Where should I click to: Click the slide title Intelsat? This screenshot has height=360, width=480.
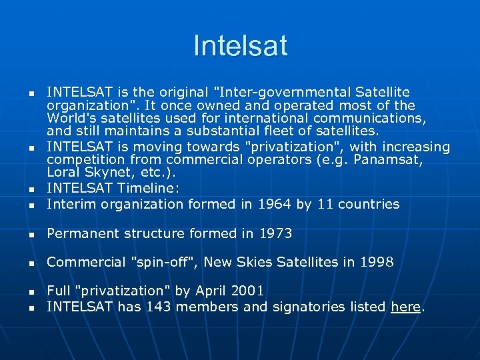tap(240, 46)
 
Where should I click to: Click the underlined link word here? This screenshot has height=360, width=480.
tap(405, 307)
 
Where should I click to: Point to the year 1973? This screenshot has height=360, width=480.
tap(275, 233)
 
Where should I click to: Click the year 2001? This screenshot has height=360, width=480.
tap(247, 291)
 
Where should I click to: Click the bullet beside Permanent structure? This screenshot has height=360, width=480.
tap(31, 234)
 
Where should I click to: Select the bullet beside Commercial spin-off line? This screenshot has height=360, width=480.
tap(31, 263)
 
